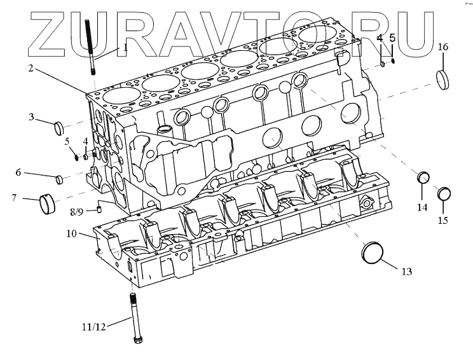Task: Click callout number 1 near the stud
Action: point(125,46)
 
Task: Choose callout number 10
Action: point(71,233)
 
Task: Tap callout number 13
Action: point(406,272)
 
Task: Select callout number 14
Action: point(422,207)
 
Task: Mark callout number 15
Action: point(442,220)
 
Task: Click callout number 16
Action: point(442,46)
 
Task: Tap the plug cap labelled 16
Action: point(445,80)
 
